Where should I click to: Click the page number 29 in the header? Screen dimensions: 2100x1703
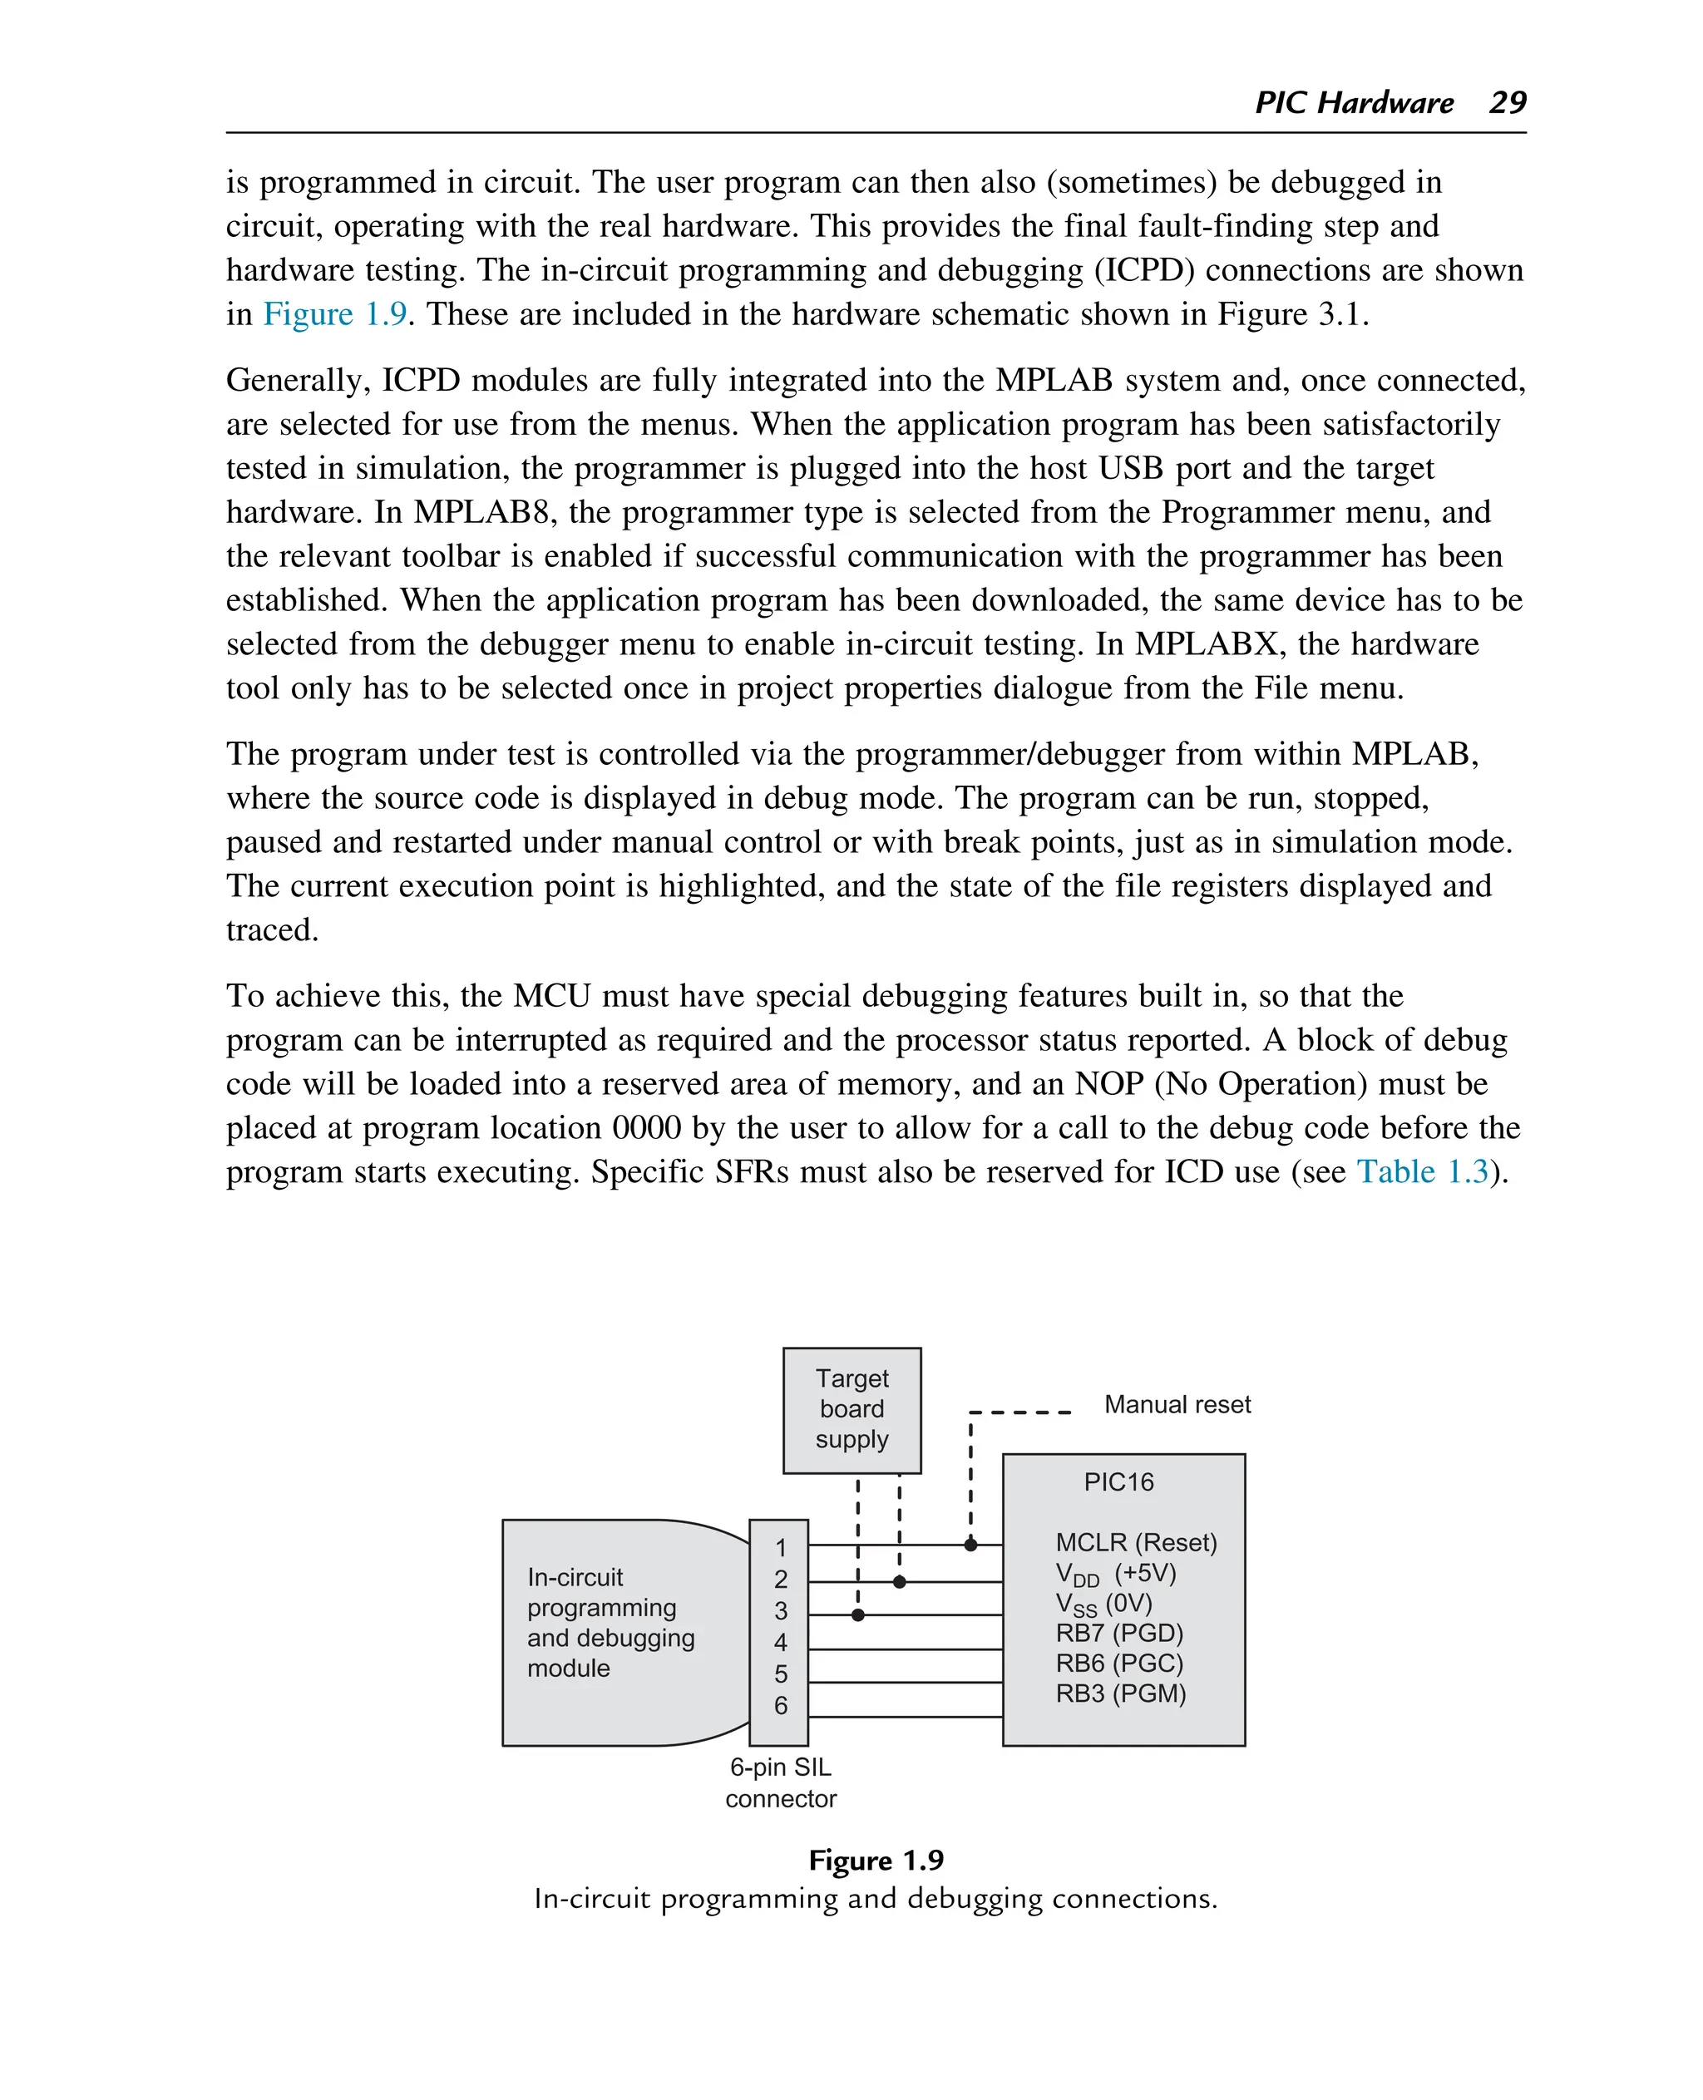coord(1507,102)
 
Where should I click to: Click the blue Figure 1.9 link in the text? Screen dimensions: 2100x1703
coord(334,314)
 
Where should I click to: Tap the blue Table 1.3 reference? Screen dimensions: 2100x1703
coord(1423,1171)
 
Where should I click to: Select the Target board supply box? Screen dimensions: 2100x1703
coord(851,1409)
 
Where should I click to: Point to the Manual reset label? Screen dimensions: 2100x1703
coord(1177,1405)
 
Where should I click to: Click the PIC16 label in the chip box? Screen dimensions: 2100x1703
coord(1118,1482)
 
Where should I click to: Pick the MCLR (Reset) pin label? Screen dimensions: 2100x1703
coord(1136,1543)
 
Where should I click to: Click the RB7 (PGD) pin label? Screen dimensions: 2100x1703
coord(1119,1633)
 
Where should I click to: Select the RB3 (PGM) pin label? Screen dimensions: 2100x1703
coord(1120,1694)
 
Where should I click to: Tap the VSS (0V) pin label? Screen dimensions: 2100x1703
coord(1103,1604)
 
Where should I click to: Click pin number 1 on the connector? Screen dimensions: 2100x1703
coord(781,1548)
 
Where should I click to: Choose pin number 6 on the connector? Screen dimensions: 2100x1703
coord(781,1706)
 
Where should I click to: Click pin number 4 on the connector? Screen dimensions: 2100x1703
coord(781,1642)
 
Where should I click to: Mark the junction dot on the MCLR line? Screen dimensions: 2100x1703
coord(970,1545)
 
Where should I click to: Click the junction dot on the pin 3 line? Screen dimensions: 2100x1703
coord(858,1614)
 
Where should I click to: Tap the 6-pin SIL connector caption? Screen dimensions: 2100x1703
coord(781,1782)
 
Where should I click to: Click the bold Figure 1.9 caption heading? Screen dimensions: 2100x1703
coord(876,1861)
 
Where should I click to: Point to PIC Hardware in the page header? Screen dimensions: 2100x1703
coord(1354,102)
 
